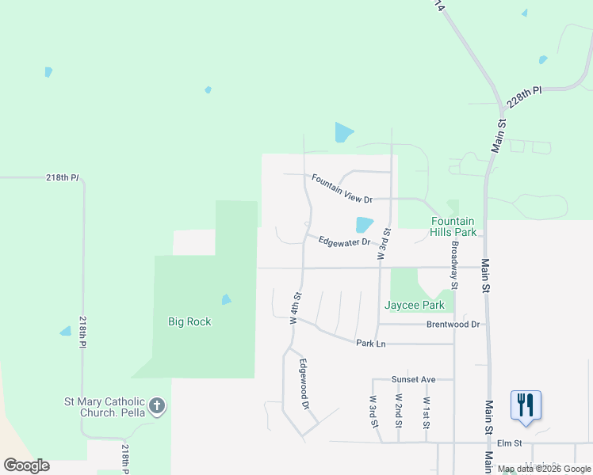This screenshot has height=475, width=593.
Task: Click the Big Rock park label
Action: (189, 322)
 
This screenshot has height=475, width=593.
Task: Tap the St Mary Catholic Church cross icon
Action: (157, 407)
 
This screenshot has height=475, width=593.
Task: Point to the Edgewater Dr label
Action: (345, 241)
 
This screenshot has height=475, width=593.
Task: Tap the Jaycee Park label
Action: (415, 305)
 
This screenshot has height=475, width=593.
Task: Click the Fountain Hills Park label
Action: (453, 226)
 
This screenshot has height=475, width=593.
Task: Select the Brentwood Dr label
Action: (453, 325)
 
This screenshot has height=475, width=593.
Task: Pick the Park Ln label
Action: (370, 344)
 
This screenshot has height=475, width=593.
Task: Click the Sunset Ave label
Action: (414, 380)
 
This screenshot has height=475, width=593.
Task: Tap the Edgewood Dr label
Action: (304, 384)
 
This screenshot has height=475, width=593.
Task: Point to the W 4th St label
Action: (296, 309)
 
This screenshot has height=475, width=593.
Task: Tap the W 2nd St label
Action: (399, 412)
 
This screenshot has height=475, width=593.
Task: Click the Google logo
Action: (26, 465)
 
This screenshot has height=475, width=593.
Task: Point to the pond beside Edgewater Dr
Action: (364, 225)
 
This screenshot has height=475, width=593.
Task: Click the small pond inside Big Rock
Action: (226, 300)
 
